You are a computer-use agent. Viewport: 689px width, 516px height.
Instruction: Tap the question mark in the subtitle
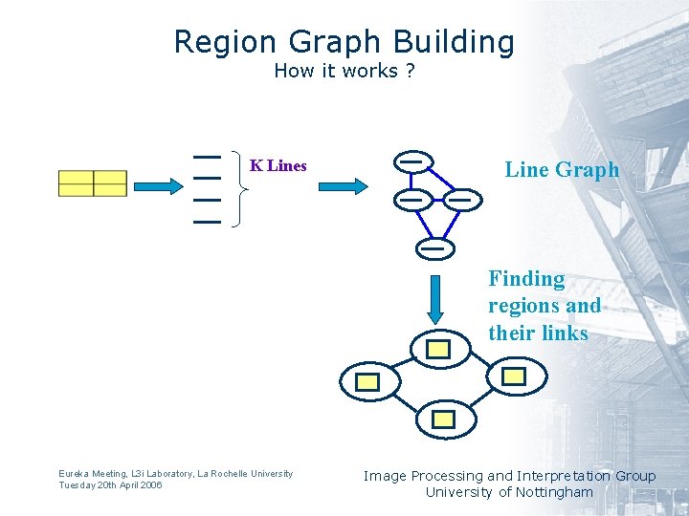[x=410, y=71]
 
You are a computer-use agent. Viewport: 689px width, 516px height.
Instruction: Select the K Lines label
[x=278, y=165]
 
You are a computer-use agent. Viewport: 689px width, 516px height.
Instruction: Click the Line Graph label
[x=562, y=170]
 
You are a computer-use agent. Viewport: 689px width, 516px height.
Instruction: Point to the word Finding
[x=526, y=279]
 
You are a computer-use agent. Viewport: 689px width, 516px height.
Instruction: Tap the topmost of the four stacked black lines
[x=207, y=156]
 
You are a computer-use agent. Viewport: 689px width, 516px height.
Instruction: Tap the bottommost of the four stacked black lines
[x=207, y=222]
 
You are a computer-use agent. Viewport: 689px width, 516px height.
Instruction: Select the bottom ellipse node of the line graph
[x=434, y=247]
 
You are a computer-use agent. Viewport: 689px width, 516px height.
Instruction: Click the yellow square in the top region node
[x=438, y=350]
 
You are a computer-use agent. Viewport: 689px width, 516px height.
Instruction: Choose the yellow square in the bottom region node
[x=444, y=419]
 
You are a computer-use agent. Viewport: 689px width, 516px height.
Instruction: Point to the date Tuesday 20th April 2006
[x=110, y=485]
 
